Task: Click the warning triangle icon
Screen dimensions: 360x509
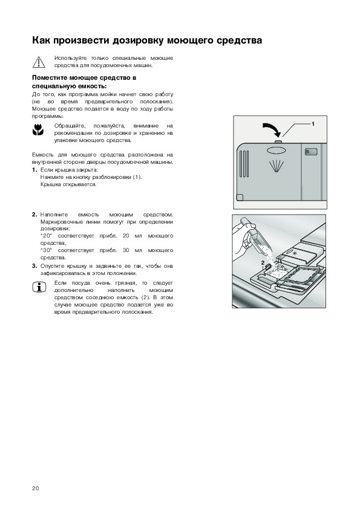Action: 39,62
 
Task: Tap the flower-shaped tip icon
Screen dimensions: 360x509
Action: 38,130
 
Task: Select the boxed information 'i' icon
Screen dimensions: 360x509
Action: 39,287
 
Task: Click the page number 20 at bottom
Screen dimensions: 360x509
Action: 36,488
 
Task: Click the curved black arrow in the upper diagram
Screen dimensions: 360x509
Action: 273,129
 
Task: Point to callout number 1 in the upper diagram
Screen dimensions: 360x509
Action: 313,124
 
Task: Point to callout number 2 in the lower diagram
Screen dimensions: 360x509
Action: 263,262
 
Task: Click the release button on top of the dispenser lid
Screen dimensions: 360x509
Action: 278,142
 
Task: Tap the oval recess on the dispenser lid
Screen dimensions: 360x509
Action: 275,151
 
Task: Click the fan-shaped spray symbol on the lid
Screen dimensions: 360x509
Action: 275,166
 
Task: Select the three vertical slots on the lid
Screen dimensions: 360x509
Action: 244,164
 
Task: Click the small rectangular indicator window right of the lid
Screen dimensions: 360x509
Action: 310,151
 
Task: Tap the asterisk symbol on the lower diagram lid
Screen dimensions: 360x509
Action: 295,253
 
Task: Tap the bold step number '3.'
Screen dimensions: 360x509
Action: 34,266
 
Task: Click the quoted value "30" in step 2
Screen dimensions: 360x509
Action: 46,250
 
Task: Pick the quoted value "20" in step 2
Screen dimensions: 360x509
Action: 46,236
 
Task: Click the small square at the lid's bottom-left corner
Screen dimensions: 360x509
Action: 240,197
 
